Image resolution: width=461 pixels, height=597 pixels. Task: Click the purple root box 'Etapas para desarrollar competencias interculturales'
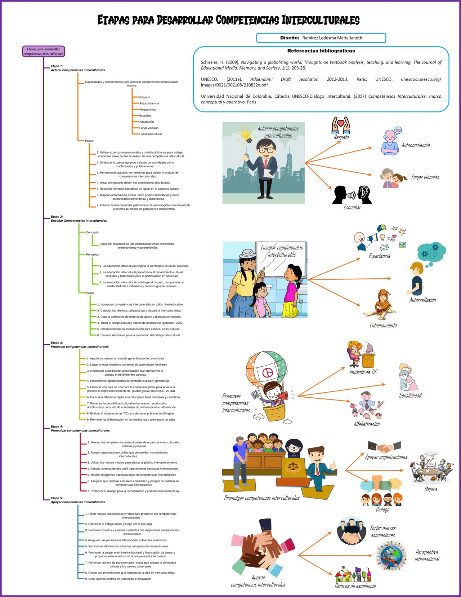pyautogui.click(x=44, y=52)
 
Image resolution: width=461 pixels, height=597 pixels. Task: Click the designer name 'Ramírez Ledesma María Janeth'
pyautogui.click(x=332, y=38)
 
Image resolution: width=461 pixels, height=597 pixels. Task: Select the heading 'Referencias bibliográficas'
pyautogui.click(x=321, y=51)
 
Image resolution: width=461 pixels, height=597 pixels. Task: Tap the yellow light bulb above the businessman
pyautogui.click(x=246, y=135)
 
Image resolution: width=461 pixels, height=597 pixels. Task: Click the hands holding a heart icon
pyautogui.click(x=341, y=125)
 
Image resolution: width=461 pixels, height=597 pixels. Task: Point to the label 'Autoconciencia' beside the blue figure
pyautogui.click(x=415, y=145)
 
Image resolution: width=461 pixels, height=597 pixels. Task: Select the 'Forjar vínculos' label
pyautogui.click(x=425, y=177)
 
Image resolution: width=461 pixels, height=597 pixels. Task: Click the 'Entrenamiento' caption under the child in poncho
pyautogui.click(x=383, y=326)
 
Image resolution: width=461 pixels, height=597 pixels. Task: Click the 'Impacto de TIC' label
pyautogui.click(x=363, y=372)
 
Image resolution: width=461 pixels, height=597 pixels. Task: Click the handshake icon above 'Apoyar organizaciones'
pyautogui.click(x=385, y=447)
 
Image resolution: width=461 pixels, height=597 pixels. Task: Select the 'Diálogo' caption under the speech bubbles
pyautogui.click(x=382, y=509)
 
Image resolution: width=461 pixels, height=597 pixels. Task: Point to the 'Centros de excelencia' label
pyautogui.click(x=355, y=586)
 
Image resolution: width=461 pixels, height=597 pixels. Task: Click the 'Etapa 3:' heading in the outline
pyautogui.click(x=57, y=342)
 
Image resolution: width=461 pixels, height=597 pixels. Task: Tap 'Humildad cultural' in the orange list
pyautogui.click(x=150, y=134)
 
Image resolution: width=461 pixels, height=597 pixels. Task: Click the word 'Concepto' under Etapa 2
pyautogui.click(x=92, y=232)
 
